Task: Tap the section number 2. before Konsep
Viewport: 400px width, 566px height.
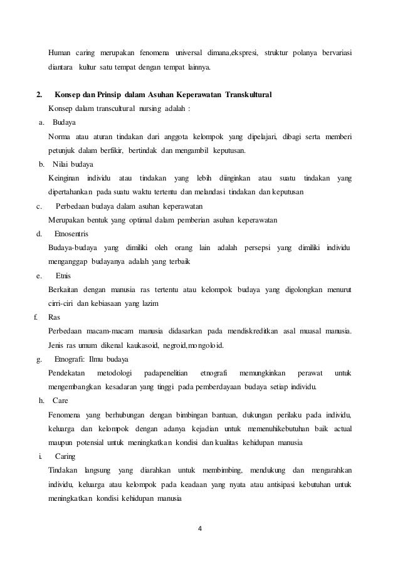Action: pos(39,95)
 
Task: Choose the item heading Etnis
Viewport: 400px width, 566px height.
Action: pos(63,275)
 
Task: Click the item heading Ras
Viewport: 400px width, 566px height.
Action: pos(53,317)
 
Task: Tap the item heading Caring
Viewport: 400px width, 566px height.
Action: pos(65,456)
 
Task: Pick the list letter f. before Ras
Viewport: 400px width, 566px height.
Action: pos(35,317)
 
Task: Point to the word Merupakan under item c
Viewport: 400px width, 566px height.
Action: pos(67,220)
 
